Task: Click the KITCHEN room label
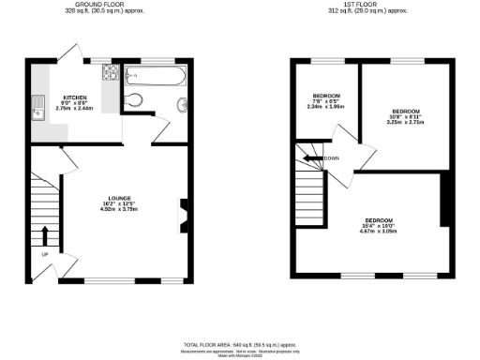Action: [x=75, y=97]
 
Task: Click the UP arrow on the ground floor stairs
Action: [x=45, y=234]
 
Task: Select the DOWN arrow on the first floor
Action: [x=310, y=157]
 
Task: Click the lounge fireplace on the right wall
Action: [x=181, y=212]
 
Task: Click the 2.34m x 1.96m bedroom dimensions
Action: [x=326, y=107]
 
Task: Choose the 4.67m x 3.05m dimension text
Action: [x=378, y=231]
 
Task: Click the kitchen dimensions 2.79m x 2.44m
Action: [x=74, y=109]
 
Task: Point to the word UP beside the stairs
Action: [x=43, y=254]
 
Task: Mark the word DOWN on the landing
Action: [x=331, y=157]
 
